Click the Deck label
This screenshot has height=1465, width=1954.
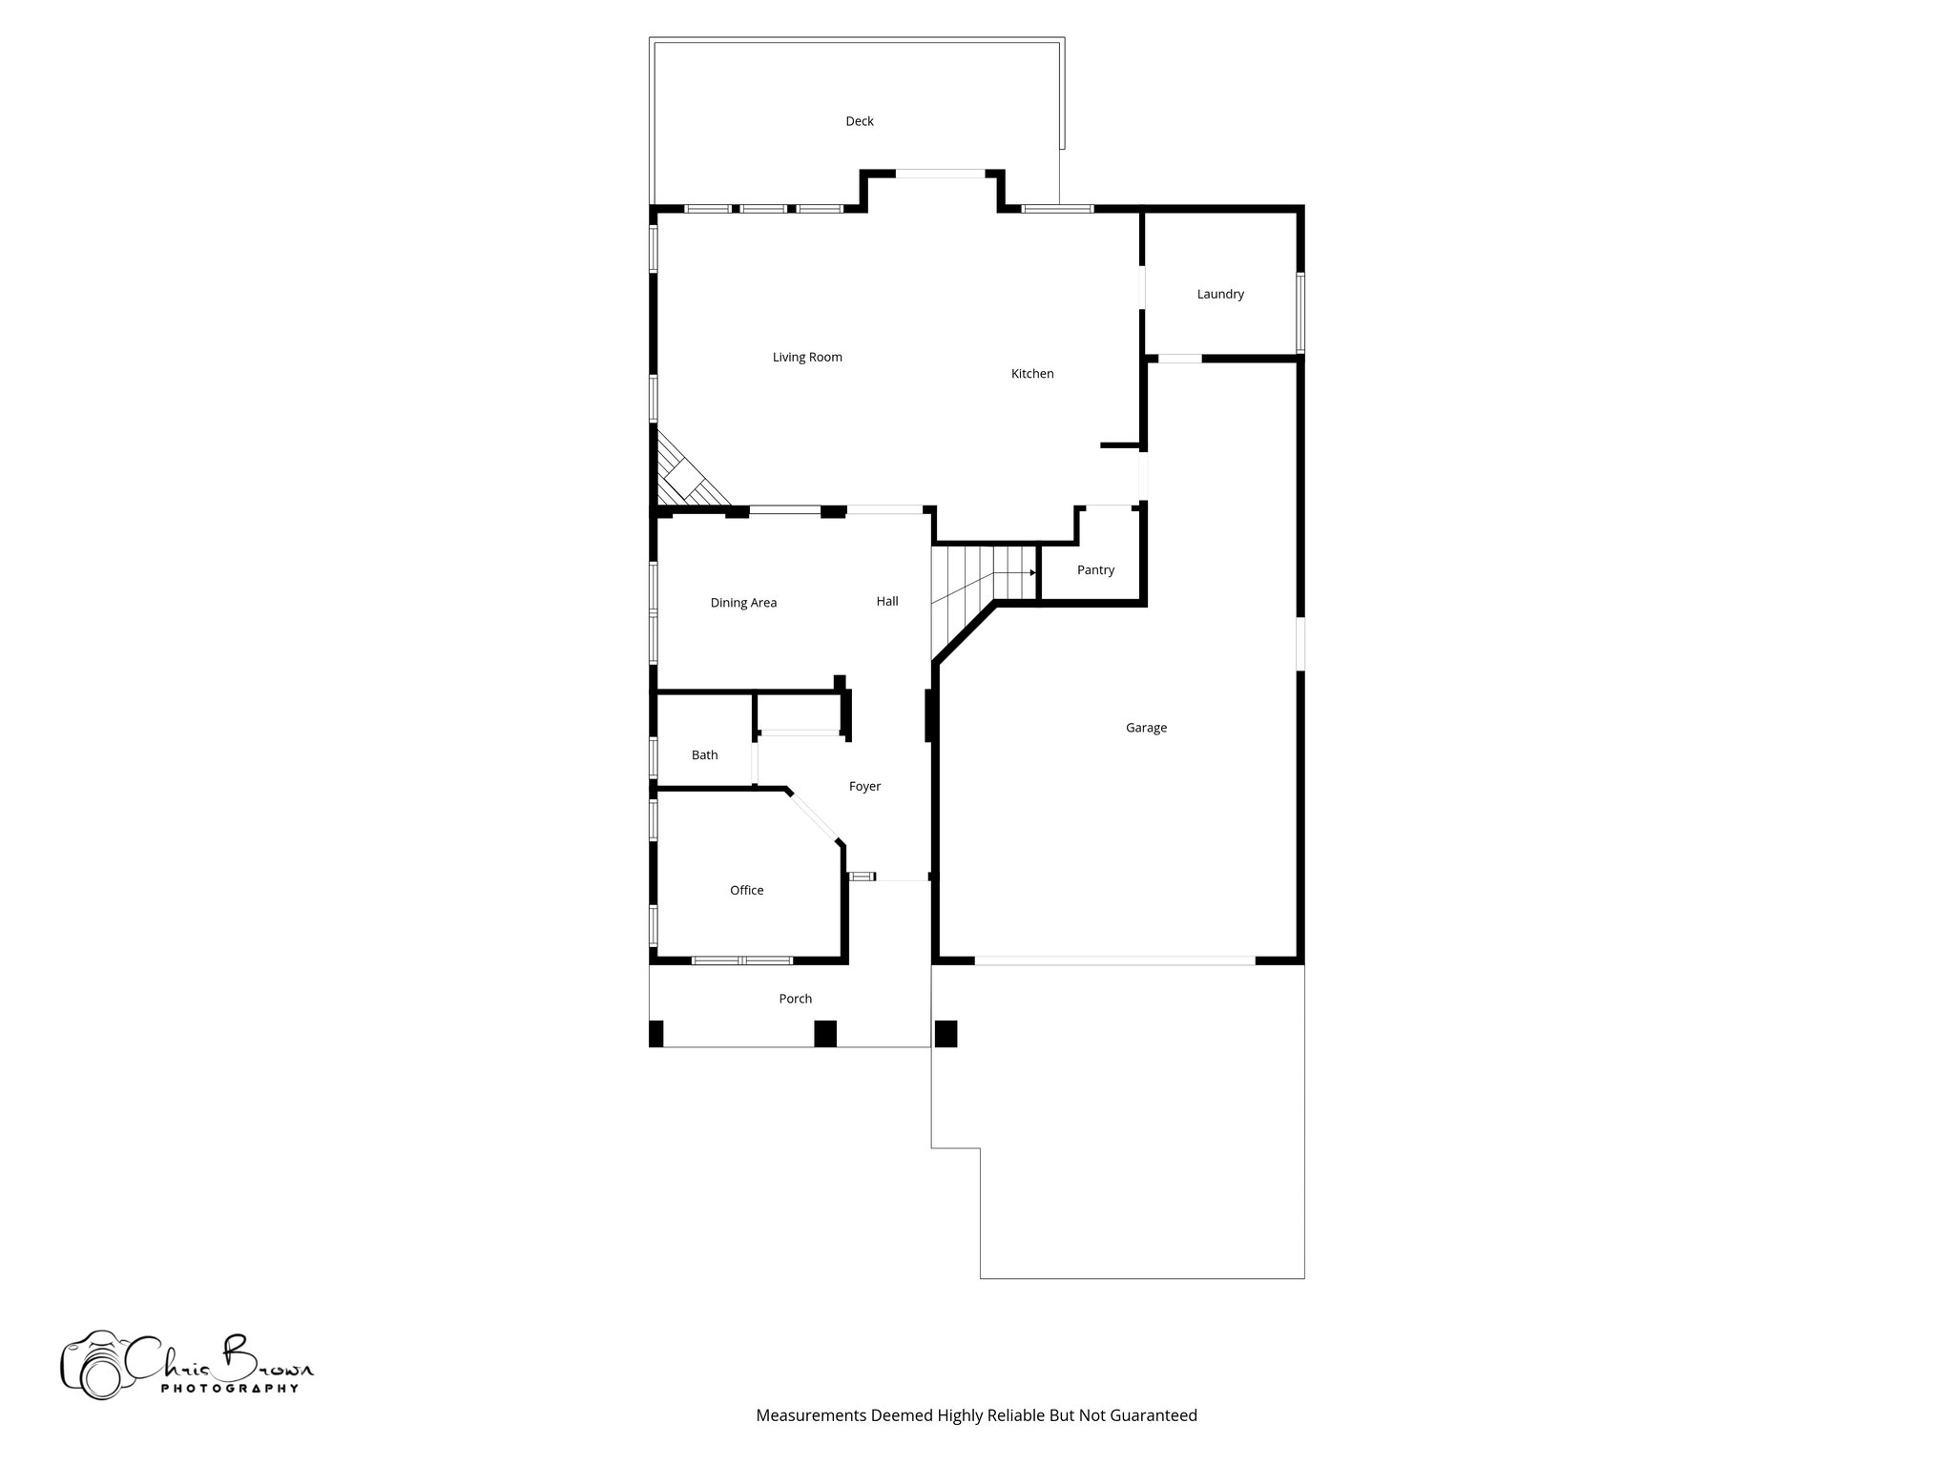click(x=859, y=121)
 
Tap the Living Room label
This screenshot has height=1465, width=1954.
click(x=807, y=358)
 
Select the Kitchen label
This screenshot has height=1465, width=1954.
click(x=1032, y=374)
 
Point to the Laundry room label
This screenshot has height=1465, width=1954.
click(x=1220, y=294)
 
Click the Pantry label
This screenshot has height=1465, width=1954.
click(x=1095, y=570)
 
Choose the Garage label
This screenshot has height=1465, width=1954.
click(x=1146, y=728)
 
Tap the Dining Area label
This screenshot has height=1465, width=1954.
click(x=743, y=603)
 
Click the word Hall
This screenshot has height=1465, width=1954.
click(x=887, y=602)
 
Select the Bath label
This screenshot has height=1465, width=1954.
click(x=704, y=755)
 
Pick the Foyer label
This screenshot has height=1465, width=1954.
click(x=864, y=787)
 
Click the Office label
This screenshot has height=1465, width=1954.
click(x=746, y=891)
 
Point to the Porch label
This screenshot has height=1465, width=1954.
click(x=795, y=999)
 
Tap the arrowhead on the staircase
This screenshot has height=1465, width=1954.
click(x=1033, y=573)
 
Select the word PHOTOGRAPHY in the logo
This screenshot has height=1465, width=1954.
click(x=229, y=1389)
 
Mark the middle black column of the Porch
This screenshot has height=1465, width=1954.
click(x=824, y=1034)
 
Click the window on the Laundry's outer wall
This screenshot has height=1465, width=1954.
click(x=1300, y=313)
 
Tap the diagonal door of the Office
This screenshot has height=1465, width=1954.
click(x=814, y=816)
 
